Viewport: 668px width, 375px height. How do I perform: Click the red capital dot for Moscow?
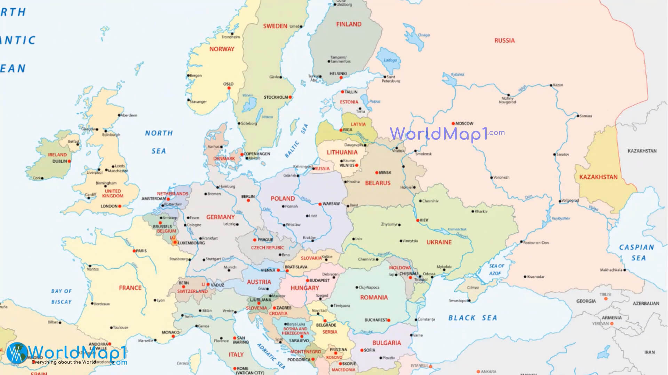pos(453,124)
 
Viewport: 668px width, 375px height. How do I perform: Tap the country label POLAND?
pos(283,199)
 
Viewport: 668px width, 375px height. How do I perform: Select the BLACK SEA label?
pos(472,318)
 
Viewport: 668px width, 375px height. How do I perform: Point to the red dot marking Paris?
pos(134,251)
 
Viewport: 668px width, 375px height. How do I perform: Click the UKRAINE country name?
pos(439,242)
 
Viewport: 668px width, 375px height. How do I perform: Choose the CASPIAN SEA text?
pos(637,252)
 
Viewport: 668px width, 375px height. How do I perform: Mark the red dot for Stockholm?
pos(290,97)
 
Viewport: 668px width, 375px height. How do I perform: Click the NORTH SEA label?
pos(159,142)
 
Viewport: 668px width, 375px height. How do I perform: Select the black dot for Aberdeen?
pos(119,115)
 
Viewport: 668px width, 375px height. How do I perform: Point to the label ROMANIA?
pos(374,298)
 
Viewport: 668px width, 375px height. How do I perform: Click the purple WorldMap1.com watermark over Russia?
pos(447,134)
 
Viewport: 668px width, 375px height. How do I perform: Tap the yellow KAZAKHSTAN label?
pos(598,177)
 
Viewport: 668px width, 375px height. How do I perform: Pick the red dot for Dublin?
pos(69,161)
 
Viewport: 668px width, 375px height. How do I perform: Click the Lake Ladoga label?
pos(390,60)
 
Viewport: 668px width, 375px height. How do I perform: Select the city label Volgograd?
pos(571,200)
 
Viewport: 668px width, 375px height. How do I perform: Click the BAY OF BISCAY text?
pos(62,297)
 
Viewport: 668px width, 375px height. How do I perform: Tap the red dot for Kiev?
pos(418,220)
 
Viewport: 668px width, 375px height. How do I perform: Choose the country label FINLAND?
pos(349,24)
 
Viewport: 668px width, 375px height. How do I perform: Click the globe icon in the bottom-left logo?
pos(16,353)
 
